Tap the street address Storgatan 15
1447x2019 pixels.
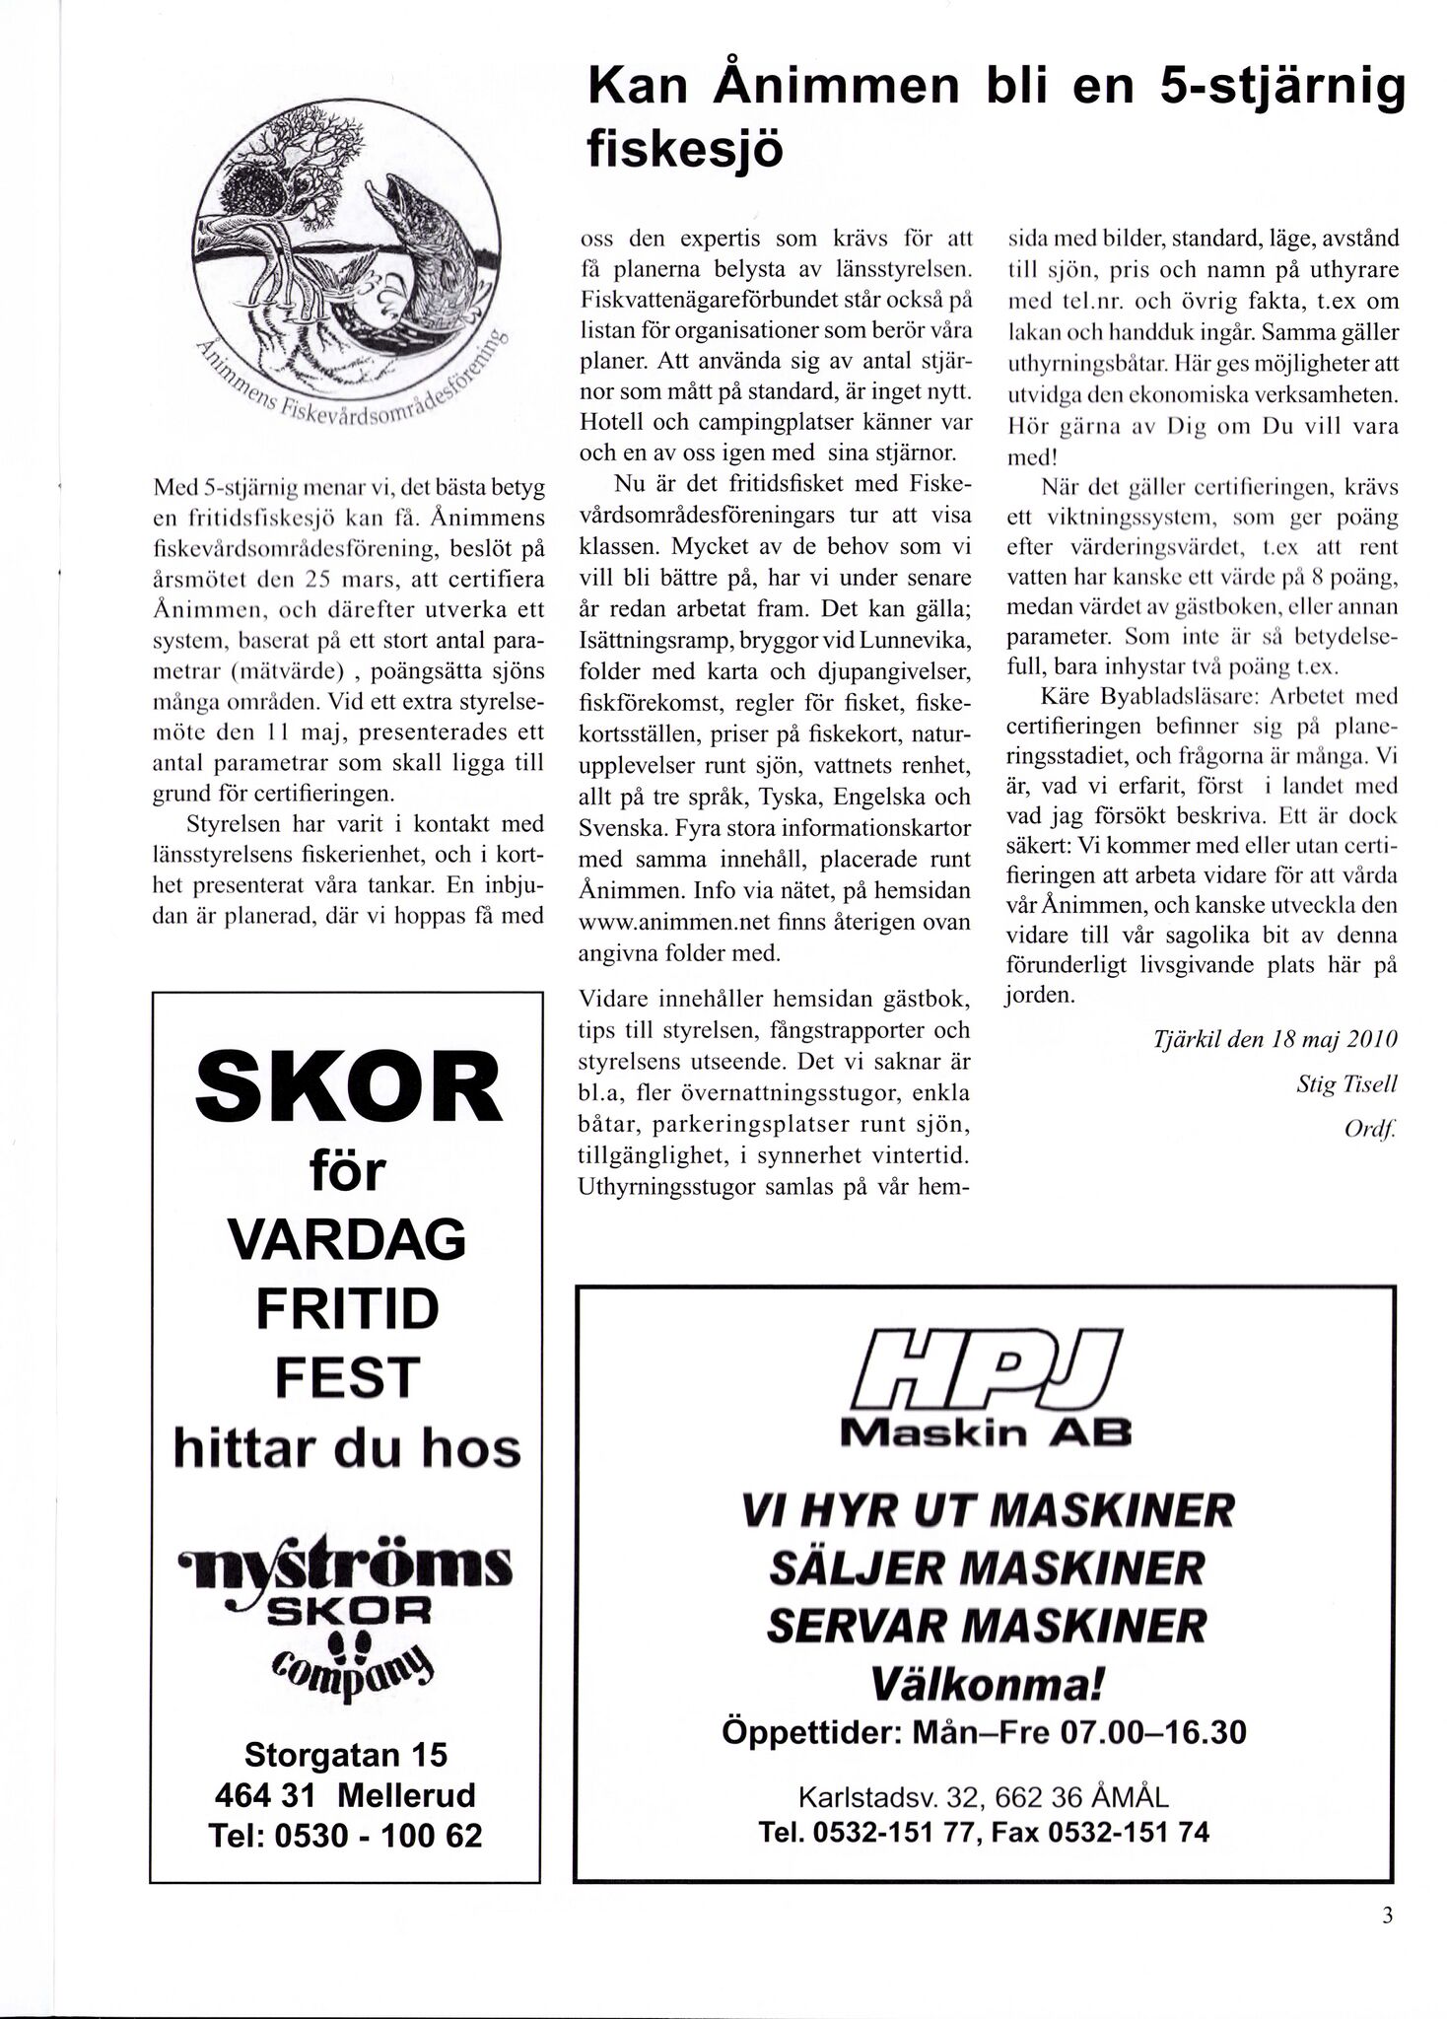pyautogui.click(x=345, y=1755)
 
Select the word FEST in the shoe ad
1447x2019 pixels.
pyautogui.click(x=347, y=1377)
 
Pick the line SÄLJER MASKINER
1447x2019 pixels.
pyautogui.click(x=986, y=1566)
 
